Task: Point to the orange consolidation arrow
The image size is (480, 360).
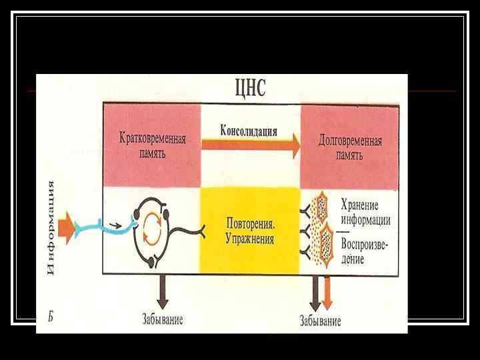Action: coord(250,147)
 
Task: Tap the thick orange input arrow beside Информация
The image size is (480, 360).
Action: coord(67,227)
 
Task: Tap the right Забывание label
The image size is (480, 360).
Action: coord(320,321)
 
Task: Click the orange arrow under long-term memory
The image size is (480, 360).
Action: coord(327,293)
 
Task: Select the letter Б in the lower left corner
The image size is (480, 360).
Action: coord(50,316)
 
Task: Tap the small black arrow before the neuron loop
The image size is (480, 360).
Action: coord(116,225)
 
